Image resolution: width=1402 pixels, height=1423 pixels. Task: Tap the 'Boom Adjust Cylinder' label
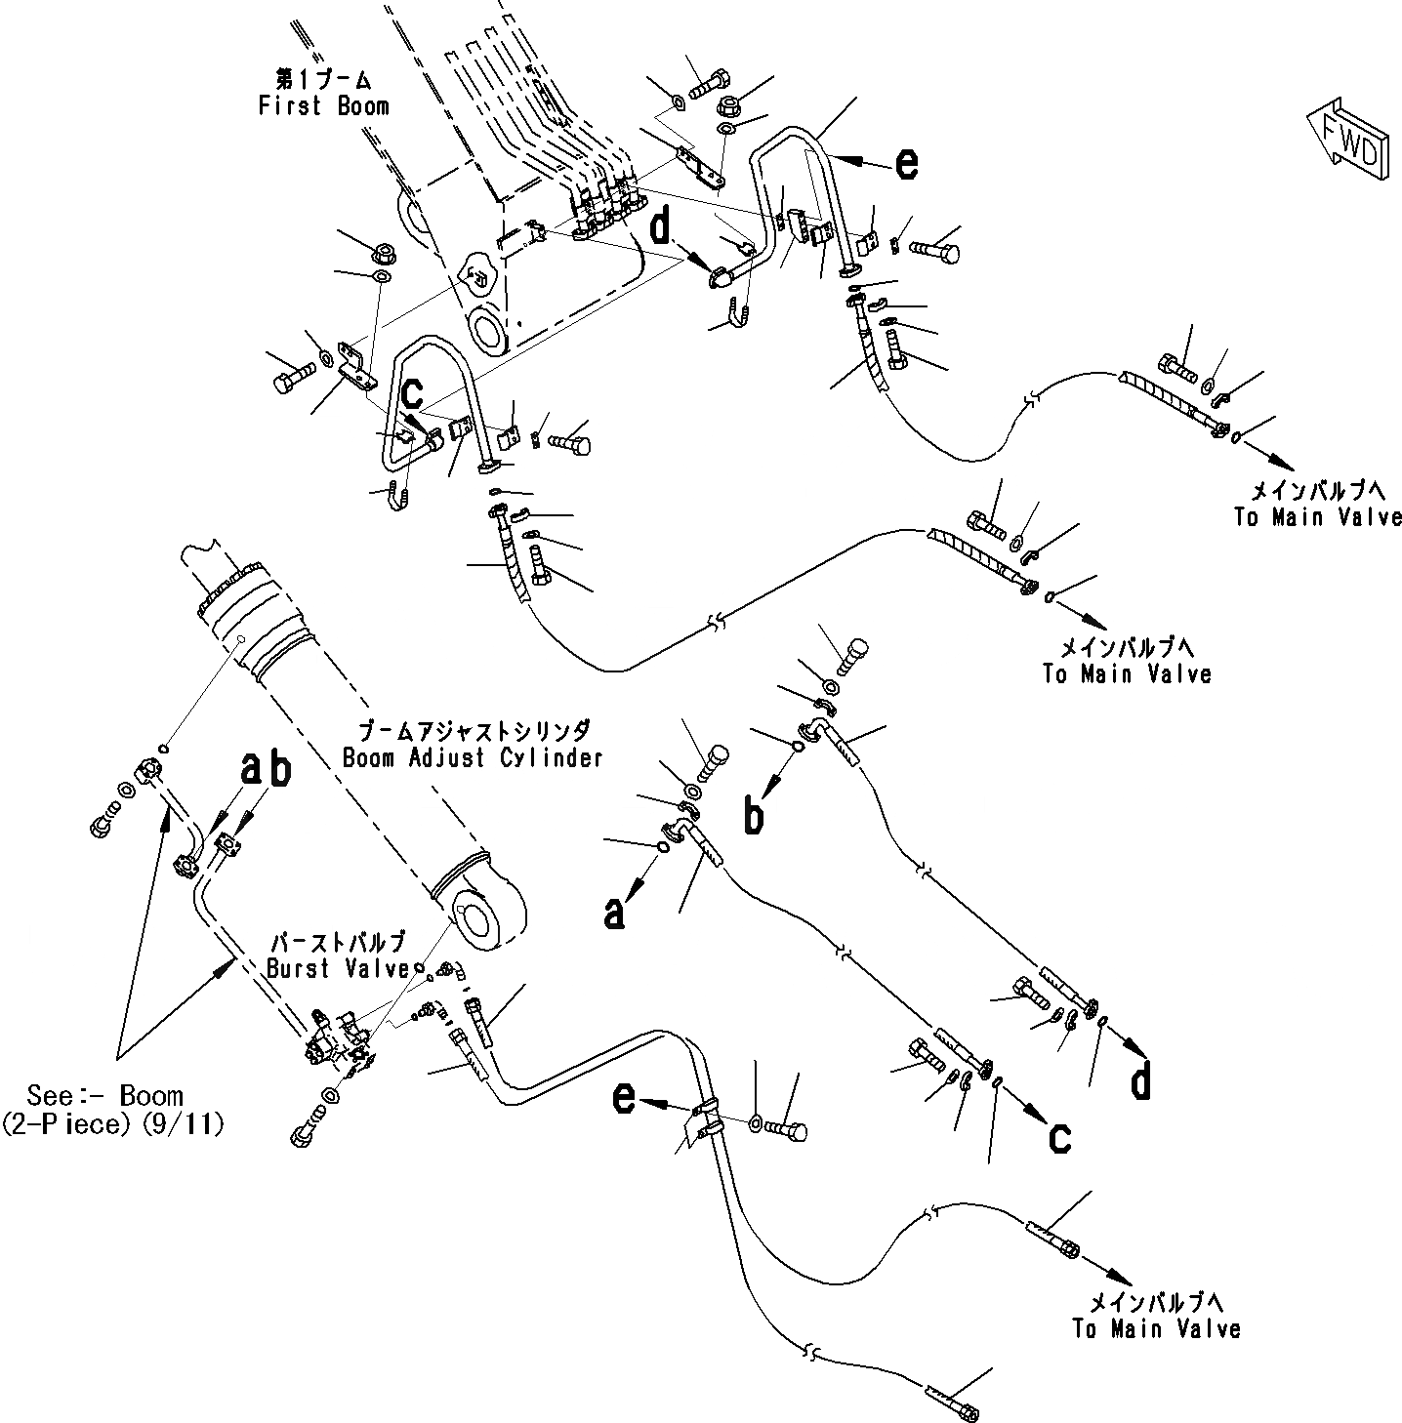coord(473,745)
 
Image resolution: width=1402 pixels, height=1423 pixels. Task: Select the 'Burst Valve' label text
coord(338,956)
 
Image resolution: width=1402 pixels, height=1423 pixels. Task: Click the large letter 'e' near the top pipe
coord(906,163)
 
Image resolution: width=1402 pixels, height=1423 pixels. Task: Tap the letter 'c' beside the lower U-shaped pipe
coord(414,392)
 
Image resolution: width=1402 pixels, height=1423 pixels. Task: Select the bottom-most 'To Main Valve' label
coord(1155,1316)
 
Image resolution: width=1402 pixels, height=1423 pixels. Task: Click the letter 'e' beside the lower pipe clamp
coord(623,1100)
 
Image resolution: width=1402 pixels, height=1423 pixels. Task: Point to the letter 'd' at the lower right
coord(1139,1080)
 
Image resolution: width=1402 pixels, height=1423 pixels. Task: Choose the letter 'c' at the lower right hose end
coord(1060,1136)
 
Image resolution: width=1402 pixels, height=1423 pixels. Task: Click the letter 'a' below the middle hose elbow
coord(613,914)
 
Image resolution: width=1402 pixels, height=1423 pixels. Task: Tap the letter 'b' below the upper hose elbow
coord(753,816)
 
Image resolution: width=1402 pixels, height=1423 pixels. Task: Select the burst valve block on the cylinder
coord(337,1052)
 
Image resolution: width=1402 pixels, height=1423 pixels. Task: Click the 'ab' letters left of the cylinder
coord(267,769)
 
